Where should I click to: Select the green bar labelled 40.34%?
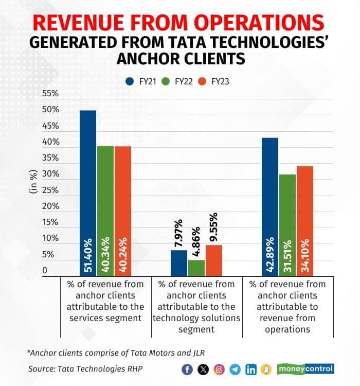tap(105, 211)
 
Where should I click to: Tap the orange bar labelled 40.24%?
tap(122, 211)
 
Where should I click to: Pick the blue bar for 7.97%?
tap(179, 262)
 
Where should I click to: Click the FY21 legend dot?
tap(131, 81)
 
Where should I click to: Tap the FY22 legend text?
tap(183, 81)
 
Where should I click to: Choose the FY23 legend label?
tap(220, 81)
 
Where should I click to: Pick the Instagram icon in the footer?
tap(219, 369)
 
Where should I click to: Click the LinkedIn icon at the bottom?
tap(251, 369)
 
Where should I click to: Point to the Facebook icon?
tap(188, 369)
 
